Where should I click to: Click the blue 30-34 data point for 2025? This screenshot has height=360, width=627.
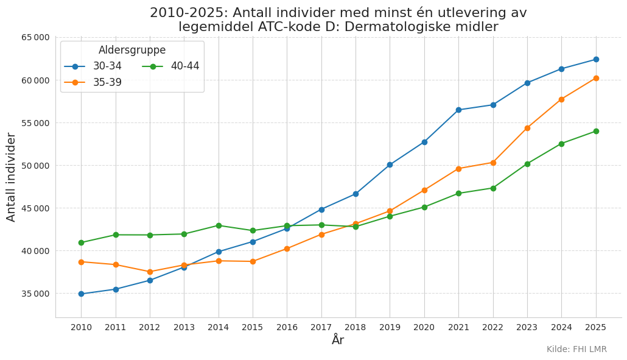[x=596, y=59]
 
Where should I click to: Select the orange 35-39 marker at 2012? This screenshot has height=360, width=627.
[x=150, y=272]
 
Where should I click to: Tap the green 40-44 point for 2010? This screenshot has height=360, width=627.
[x=81, y=242]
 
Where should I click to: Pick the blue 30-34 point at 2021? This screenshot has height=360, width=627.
[x=458, y=110]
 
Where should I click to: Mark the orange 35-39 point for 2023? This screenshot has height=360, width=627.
[x=527, y=128]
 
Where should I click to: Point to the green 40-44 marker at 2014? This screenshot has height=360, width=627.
[x=219, y=225]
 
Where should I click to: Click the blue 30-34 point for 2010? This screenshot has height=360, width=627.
[x=81, y=294]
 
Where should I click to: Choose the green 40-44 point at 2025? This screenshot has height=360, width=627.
[x=596, y=131]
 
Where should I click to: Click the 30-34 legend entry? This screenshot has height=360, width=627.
[x=93, y=66]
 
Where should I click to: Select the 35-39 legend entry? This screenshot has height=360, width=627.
[x=93, y=82]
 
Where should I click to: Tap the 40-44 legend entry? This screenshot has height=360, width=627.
[x=170, y=66]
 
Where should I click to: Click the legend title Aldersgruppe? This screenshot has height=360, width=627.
[x=132, y=50]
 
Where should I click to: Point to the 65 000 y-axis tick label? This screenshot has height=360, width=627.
[x=36, y=37]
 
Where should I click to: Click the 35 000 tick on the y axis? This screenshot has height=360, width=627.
[x=36, y=294]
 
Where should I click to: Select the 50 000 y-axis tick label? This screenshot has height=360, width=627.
[x=36, y=166]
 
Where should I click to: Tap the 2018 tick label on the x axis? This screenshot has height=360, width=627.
[x=356, y=327]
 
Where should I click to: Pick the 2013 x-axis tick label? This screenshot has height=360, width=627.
[x=184, y=327]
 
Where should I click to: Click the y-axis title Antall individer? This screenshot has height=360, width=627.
[x=11, y=177]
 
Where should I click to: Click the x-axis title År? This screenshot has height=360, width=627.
[x=338, y=340]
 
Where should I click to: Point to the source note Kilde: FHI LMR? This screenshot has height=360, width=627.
[x=576, y=349]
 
